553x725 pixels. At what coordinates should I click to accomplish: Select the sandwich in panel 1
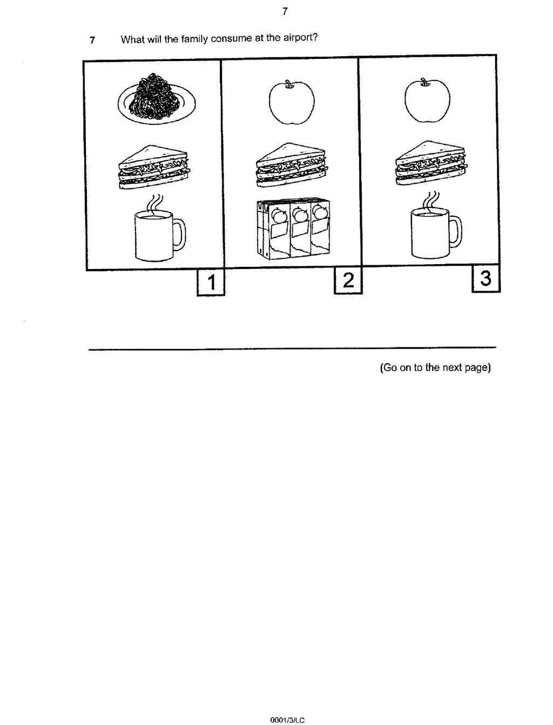[154, 167]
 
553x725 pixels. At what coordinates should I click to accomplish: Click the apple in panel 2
[292, 102]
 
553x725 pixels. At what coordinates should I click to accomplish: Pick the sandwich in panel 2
[292, 165]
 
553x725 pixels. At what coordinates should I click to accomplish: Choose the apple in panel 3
[427, 100]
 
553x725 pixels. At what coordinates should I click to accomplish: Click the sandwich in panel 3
[431, 163]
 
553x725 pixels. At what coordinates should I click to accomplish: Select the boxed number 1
[211, 283]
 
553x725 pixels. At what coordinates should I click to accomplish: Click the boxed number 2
[348, 280]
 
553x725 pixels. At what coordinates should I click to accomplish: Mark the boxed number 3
[486, 278]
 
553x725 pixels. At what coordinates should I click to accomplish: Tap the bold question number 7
[92, 41]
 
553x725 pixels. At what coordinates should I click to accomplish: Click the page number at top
[285, 11]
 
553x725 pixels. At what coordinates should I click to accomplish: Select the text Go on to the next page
[435, 367]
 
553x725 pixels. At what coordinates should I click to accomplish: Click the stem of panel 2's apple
[289, 84]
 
